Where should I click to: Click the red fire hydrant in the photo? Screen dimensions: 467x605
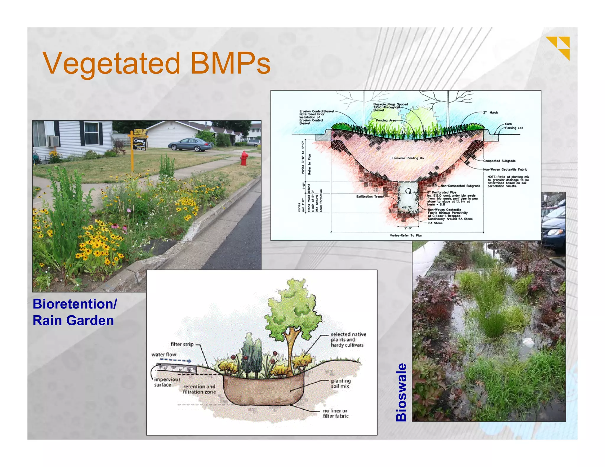[244, 158]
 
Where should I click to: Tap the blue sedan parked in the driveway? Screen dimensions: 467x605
[190, 144]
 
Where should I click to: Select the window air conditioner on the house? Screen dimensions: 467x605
[53, 141]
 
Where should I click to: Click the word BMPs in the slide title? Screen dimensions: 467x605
[230, 63]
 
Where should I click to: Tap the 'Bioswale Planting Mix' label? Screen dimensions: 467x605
[408, 158]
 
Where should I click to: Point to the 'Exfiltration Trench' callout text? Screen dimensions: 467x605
[370, 197]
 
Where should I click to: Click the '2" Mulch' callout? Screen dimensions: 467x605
[490, 112]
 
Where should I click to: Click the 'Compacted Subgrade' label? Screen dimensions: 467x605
[499, 161]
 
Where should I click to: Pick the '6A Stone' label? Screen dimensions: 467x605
[435, 223]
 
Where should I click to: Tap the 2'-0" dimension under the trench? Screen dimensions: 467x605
[408, 228]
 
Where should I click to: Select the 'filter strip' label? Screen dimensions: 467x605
[182, 344]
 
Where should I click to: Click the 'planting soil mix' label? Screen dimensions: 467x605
[341, 383]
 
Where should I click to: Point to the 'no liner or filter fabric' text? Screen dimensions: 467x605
[335, 413]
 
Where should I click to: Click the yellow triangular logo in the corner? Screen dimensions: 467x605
[559, 47]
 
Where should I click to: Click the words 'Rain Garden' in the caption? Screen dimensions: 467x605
[73, 320]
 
